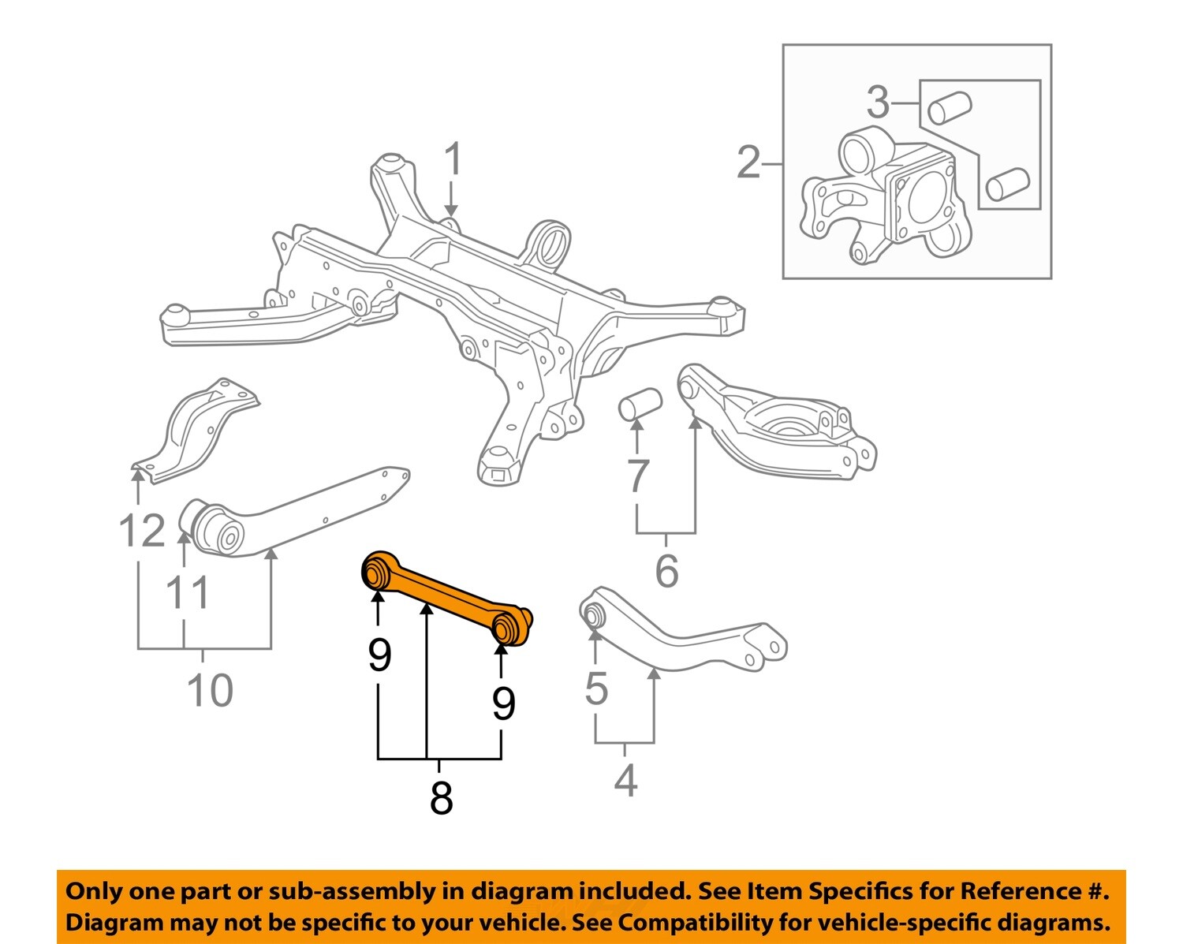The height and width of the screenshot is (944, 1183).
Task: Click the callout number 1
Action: [452, 160]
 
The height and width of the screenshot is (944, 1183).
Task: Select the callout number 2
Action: [748, 162]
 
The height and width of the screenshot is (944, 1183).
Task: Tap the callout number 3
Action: [877, 103]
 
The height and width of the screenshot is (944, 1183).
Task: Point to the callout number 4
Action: [625, 780]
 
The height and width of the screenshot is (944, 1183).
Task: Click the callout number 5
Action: [596, 688]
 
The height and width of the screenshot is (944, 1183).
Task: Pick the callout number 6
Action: [666, 570]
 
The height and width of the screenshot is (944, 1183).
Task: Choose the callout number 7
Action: [637, 476]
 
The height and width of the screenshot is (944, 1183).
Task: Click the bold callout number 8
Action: [441, 797]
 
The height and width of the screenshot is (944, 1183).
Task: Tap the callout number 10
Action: [210, 690]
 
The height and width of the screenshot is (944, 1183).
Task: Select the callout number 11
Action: [188, 592]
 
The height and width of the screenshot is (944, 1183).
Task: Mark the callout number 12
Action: [142, 530]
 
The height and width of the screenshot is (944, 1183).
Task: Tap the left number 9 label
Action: [379, 654]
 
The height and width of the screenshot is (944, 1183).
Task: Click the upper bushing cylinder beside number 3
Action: [949, 107]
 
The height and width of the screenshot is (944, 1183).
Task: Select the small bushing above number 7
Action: [640, 403]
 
